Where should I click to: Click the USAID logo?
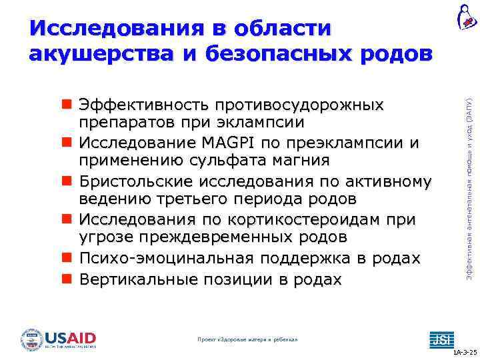59,339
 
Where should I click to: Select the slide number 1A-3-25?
464,351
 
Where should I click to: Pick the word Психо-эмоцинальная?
169,259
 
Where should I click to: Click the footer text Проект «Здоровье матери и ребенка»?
248,340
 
